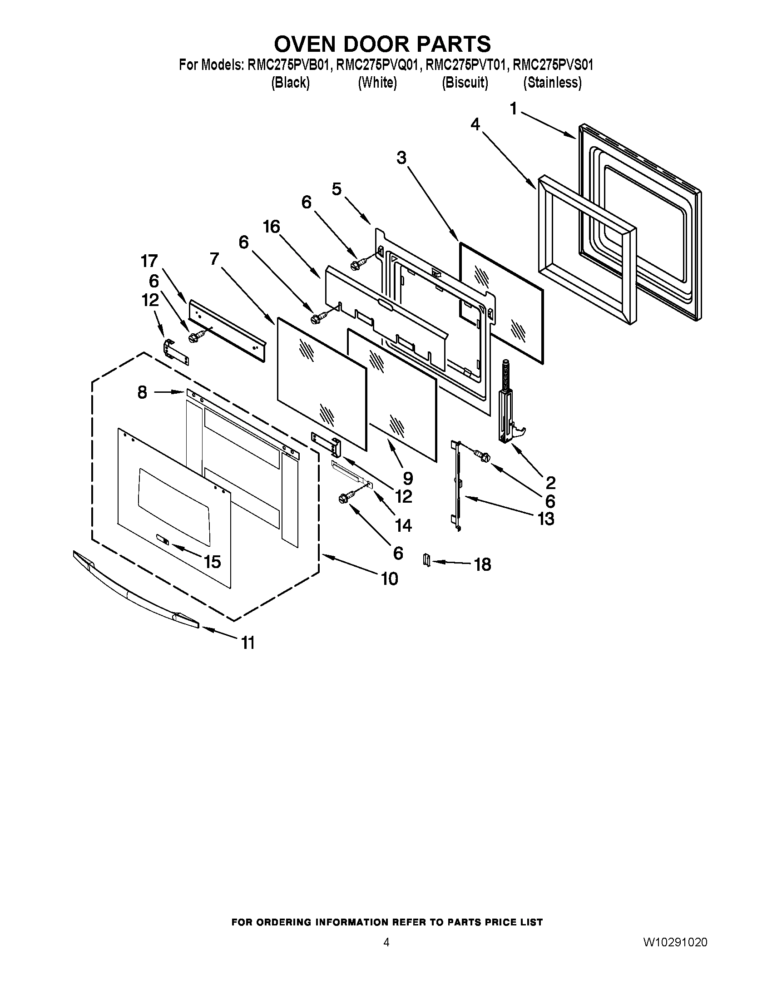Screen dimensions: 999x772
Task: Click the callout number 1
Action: click(514, 109)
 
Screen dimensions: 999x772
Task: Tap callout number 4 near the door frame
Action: click(475, 124)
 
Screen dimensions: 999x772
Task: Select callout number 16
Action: click(271, 227)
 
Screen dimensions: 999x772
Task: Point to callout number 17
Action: click(149, 261)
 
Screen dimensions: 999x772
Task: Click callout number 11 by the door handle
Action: click(247, 643)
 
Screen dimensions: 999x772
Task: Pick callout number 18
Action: click(482, 564)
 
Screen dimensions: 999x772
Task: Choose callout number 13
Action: click(546, 519)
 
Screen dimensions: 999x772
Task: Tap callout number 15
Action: click(212, 562)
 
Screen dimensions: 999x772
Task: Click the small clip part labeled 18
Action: click(427, 559)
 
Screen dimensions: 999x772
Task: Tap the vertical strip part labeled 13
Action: click(456, 485)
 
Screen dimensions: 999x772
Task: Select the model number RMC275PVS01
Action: click(553, 65)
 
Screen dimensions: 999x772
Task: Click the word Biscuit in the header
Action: click(465, 83)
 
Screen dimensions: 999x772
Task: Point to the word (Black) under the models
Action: click(291, 83)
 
